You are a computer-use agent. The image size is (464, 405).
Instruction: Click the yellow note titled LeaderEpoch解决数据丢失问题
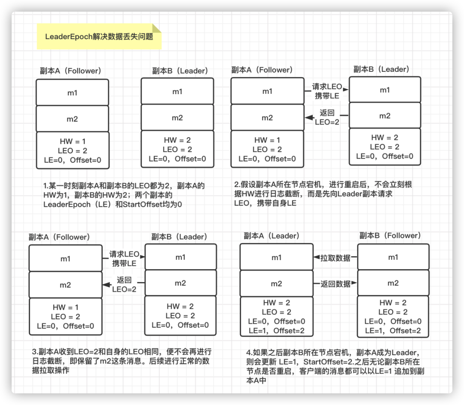point(99,37)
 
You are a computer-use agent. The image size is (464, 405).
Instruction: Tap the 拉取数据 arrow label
point(335,258)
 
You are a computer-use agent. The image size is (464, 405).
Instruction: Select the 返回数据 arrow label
point(335,284)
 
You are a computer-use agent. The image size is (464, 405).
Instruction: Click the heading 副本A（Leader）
point(272,236)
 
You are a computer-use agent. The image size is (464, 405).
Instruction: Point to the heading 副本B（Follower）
point(390,236)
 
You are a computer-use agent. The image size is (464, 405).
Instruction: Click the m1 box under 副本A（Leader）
point(276,257)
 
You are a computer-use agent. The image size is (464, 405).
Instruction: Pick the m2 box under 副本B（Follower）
point(393,283)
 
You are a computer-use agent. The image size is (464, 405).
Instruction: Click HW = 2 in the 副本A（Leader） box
point(276,303)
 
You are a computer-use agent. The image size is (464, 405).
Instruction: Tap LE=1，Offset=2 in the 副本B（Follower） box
point(393,331)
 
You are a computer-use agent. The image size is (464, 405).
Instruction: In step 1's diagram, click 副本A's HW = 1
point(72,141)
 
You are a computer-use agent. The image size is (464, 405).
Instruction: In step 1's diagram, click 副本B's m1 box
point(177,91)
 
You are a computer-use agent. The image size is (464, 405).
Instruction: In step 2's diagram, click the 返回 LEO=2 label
point(327,117)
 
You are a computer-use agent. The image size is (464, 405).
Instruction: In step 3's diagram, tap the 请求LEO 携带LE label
point(124,258)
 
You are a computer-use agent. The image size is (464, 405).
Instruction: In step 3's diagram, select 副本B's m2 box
point(180,283)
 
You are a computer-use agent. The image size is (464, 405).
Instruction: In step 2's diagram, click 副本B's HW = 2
point(385,138)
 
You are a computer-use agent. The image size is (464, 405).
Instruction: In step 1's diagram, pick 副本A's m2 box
point(72,119)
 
